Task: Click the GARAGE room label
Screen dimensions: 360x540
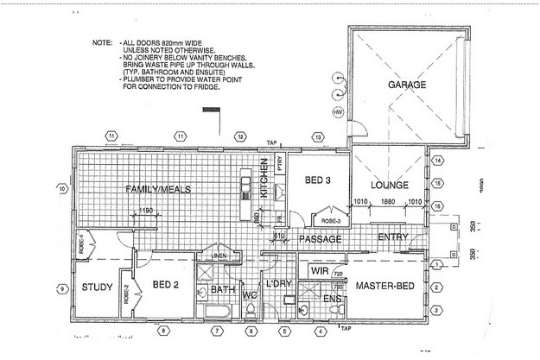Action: coord(409,86)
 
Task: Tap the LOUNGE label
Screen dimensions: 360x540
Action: coord(390,185)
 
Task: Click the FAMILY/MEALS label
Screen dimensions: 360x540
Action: coord(157,188)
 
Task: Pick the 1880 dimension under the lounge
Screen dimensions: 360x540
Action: coord(391,204)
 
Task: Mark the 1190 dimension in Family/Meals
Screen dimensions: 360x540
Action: coord(145,210)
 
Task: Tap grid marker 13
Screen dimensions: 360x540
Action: coord(319,136)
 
